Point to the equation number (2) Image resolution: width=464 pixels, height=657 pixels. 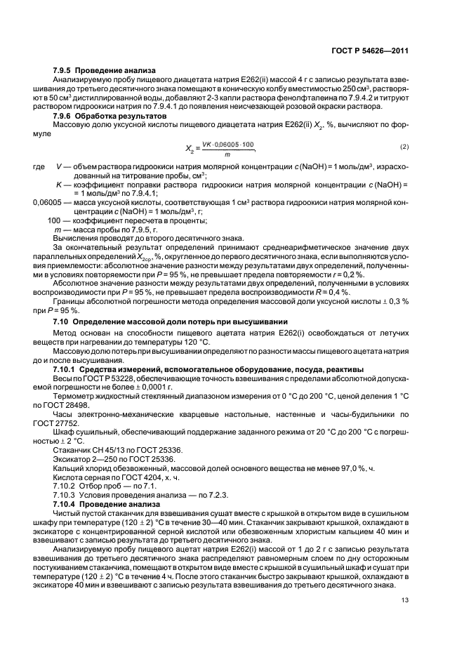[404, 146]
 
